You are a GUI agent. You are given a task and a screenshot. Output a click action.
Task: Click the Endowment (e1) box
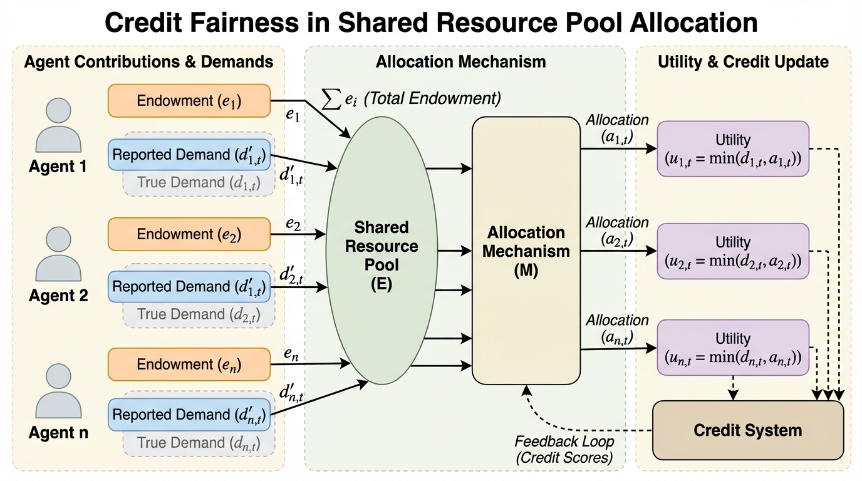(x=189, y=101)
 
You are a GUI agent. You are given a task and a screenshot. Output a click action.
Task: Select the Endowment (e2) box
(x=189, y=234)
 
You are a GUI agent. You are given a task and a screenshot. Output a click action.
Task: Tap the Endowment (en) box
(x=189, y=364)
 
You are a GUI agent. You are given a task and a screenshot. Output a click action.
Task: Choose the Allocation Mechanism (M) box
(x=526, y=251)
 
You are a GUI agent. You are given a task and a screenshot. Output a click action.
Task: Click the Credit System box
(x=747, y=430)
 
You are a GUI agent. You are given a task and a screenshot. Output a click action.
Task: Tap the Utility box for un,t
(x=732, y=348)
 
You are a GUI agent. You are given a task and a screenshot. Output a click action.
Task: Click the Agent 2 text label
(x=58, y=296)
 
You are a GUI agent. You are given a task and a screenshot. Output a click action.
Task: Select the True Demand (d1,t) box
(x=198, y=183)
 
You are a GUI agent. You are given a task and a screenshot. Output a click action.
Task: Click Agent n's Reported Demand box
(x=190, y=414)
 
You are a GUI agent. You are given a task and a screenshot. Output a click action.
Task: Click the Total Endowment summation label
(x=410, y=99)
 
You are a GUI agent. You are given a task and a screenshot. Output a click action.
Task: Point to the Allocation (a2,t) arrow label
(x=617, y=231)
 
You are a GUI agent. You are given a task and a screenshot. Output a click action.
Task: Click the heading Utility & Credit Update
(x=743, y=62)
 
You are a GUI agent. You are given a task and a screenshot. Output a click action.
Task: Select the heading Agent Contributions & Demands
(x=148, y=62)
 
